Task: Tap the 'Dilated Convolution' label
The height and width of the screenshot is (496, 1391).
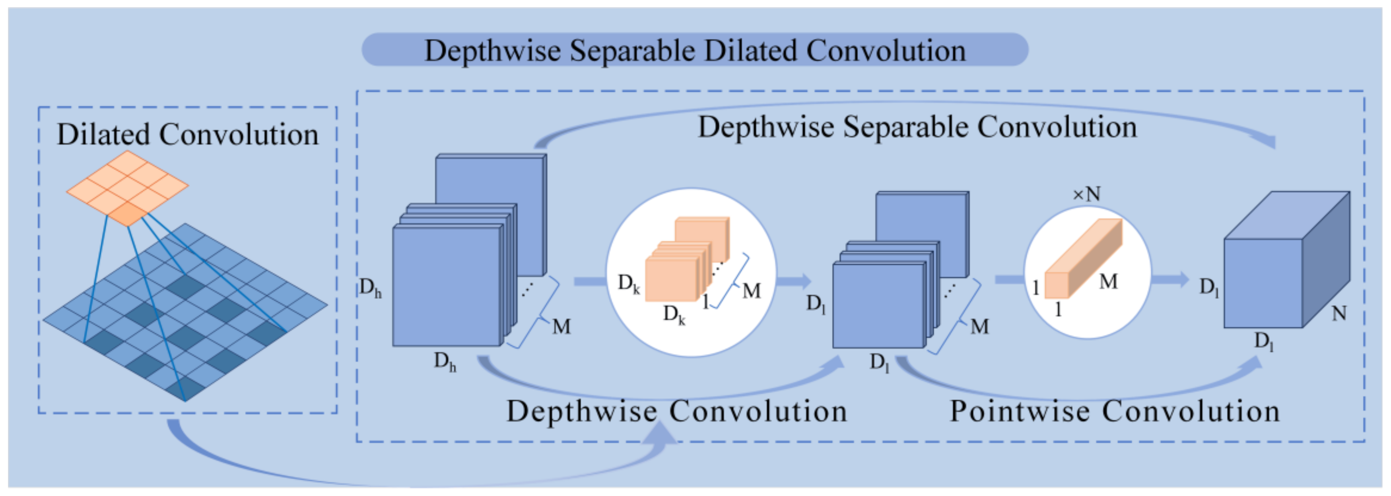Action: point(187,134)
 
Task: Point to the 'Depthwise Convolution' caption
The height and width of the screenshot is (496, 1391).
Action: point(676,411)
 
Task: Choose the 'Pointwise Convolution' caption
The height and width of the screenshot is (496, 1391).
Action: point(1115,411)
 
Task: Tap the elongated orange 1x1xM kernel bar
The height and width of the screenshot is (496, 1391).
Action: point(1083,259)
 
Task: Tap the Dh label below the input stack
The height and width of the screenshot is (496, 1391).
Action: point(445,361)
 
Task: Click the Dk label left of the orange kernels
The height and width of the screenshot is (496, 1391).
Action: point(629,283)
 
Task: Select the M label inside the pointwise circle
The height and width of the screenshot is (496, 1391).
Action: point(1108,281)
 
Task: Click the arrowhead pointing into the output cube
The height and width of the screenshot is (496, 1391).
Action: point(1181,279)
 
